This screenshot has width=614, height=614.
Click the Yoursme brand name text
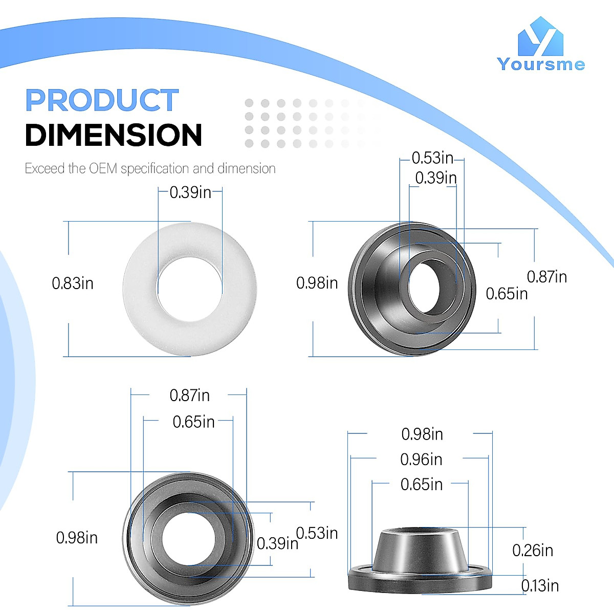pyautogui.click(x=541, y=64)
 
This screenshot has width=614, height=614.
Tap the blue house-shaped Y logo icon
pyautogui.click(x=540, y=36)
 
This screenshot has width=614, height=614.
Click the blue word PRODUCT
pyautogui.click(x=102, y=100)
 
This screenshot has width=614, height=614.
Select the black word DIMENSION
pyautogui.click(x=114, y=135)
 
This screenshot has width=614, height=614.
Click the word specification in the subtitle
pyautogui.click(x=155, y=169)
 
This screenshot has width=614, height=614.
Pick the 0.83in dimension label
pyautogui.click(x=73, y=283)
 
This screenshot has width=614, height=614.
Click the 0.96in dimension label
pyautogui.click(x=421, y=459)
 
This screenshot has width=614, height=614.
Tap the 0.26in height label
pyautogui.click(x=533, y=550)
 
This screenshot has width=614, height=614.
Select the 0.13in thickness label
pyautogui.click(x=540, y=586)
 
